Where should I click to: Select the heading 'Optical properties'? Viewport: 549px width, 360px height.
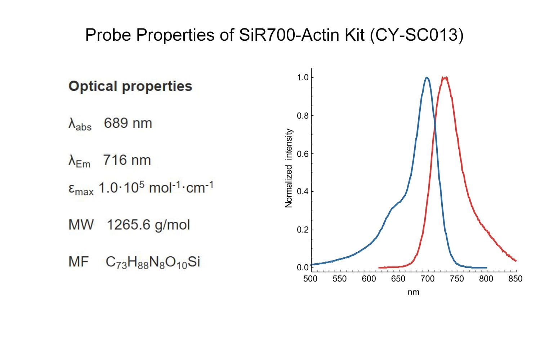tap(130, 86)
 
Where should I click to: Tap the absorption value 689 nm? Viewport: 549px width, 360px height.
tap(128, 123)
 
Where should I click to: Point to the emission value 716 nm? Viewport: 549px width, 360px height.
tap(127, 160)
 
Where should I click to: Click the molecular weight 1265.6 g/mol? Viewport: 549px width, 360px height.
tap(148, 225)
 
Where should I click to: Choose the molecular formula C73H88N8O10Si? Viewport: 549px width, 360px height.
tap(153, 262)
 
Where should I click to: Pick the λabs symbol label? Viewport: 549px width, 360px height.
tap(80, 124)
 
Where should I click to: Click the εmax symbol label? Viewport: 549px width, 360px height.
tap(81, 189)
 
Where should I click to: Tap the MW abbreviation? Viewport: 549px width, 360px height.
tap(81, 225)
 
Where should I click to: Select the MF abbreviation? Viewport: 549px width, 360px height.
tap(79, 262)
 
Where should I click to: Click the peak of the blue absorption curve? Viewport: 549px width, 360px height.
tap(427, 78)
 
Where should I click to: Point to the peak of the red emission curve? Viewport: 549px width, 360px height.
tap(445, 78)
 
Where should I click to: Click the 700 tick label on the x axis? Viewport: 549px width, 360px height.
tap(427, 279)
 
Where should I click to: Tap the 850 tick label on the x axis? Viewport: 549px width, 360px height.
tap(515, 279)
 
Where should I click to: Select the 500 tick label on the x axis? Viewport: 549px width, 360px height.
tap(310, 279)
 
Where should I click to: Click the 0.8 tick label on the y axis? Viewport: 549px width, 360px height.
tap(303, 116)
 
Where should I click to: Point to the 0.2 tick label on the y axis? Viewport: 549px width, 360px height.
tap(303, 230)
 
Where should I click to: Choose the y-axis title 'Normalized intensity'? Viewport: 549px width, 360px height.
tap(288, 168)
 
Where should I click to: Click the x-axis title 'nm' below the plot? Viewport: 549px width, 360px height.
tap(413, 292)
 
